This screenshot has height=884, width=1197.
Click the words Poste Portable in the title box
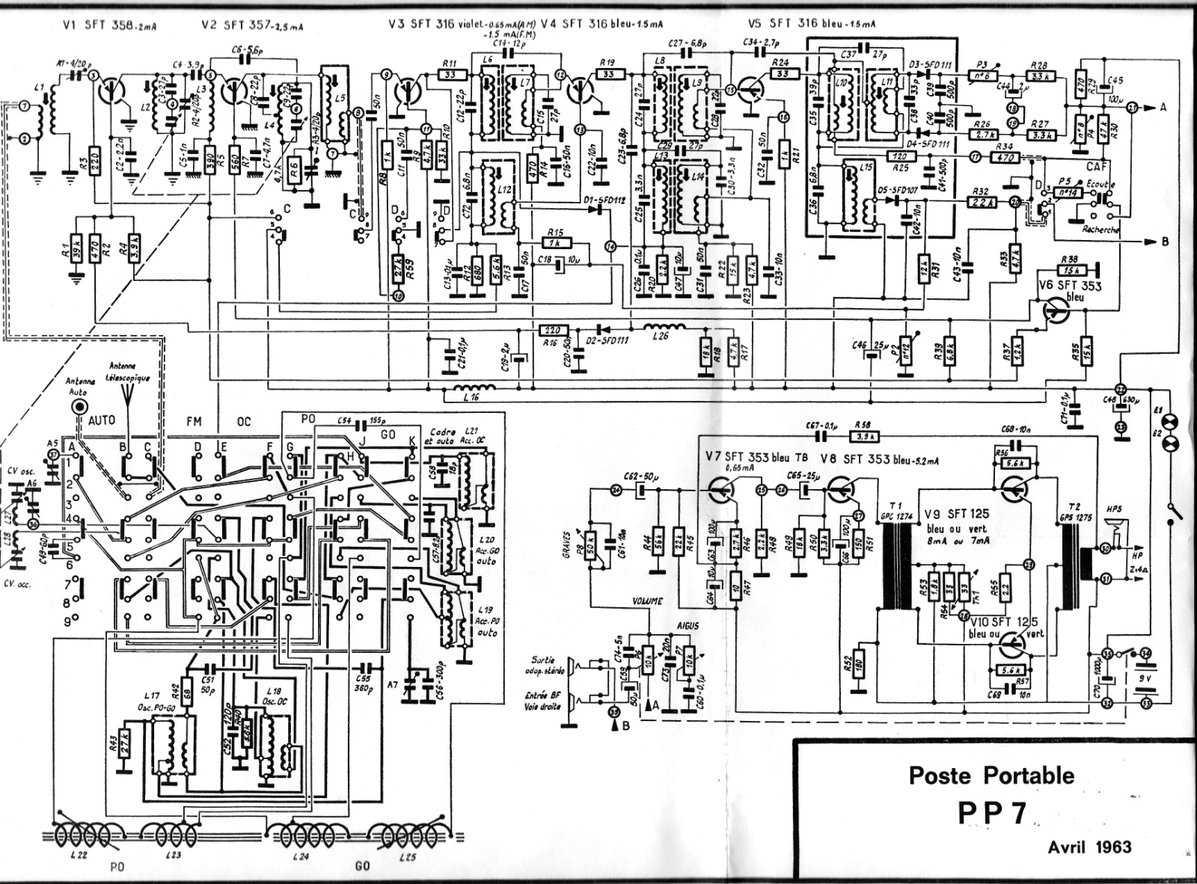(991, 776)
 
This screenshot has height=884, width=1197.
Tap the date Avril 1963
(1089, 847)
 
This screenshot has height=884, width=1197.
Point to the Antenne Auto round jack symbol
(79, 406)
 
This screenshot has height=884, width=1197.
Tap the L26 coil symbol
(664, 328)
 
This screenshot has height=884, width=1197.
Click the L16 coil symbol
(473, 389)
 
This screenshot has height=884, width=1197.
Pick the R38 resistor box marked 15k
(1072, 269)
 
